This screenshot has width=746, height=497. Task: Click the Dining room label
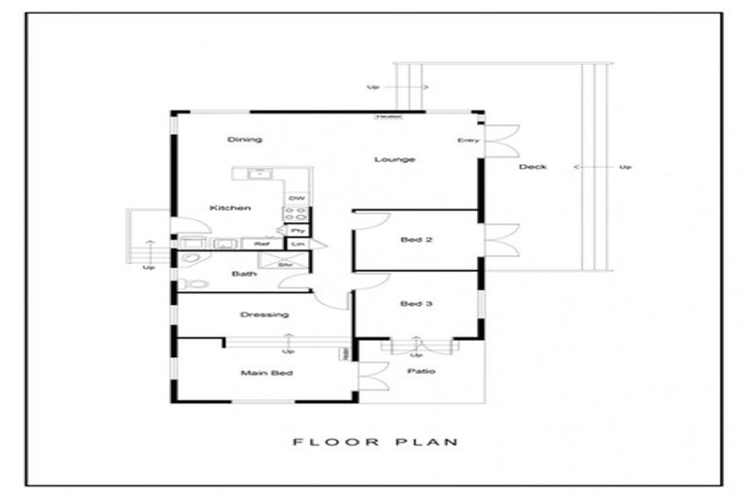(245, 140)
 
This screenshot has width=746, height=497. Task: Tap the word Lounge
(396, 159)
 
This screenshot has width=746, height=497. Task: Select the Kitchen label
(230, 208)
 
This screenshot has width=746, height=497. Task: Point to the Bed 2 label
(416, 240)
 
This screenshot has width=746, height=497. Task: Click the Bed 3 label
(416, 304)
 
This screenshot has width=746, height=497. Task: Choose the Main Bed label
(266, 373)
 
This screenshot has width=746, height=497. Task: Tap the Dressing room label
(264, 315)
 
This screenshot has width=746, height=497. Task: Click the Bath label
(243, 274)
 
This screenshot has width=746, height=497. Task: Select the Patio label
(421, 371)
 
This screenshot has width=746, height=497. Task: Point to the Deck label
(532, 167)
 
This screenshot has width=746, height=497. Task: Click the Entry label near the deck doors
(468, 141)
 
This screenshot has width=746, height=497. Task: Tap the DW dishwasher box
(296, 198)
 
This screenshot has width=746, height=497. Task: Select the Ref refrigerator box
(261, 244)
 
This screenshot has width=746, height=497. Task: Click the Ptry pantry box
(297, 230)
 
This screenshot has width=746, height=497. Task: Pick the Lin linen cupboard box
(298, 244)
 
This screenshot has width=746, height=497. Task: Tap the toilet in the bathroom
(193, 283)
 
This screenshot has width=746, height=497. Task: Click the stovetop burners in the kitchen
(297, 215)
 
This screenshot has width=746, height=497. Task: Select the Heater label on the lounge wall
(390, 116)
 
